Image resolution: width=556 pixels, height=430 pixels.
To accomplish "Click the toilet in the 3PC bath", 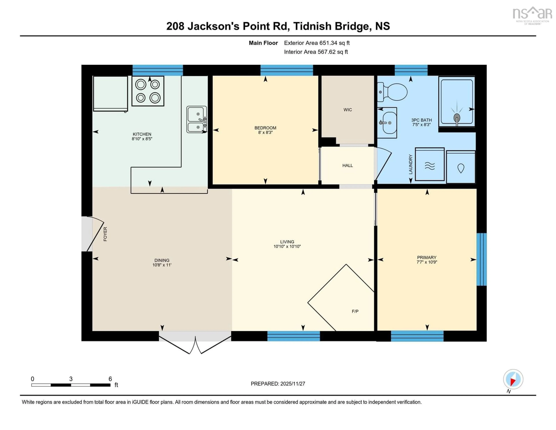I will click(393, 92).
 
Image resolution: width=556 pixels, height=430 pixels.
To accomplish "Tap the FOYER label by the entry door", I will click(105, 234).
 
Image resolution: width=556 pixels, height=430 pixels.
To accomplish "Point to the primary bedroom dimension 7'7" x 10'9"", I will click(427, 262).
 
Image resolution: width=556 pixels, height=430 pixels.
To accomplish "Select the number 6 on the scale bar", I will click(110, 379).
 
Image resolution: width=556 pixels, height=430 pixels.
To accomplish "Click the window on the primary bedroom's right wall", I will click(481, 259).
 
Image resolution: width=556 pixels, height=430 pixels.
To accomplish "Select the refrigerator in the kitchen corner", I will click(110, 94).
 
